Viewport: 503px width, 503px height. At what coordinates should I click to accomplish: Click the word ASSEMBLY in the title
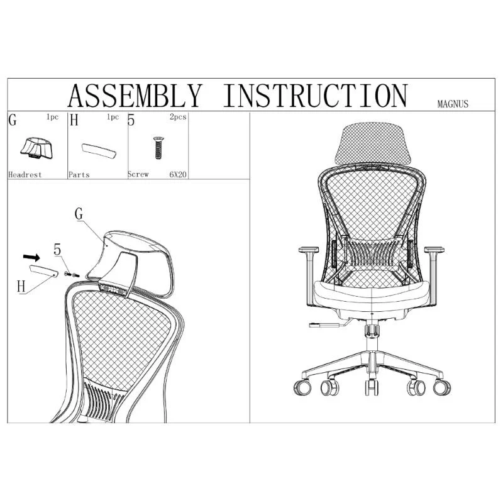[x=135, y=96]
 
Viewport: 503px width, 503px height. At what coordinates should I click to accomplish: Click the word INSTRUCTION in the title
[x=316, y=96]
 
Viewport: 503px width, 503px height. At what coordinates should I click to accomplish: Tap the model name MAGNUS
[x=453, y=104]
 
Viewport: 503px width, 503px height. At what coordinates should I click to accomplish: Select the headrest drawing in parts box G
[x=36, y=148]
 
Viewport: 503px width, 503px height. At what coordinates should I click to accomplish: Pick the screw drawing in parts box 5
[x=158, y=148]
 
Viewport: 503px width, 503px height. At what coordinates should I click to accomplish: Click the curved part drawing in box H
[x=99, y=151]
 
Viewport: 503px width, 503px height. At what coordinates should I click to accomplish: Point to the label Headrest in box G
[x=25, y=175]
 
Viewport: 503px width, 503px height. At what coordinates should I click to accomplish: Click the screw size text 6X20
[x=178, y=175]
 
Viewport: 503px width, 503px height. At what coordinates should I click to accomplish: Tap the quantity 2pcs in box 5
[x=178, y=117]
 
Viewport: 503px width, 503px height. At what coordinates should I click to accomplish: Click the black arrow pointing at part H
[x=31, y=257]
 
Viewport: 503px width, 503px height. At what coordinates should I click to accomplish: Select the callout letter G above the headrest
[x=79, y=214]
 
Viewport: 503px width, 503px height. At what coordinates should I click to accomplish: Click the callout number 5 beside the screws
[x=57, y=249]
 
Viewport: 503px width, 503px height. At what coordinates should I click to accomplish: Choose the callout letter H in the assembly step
[x=21, y=286]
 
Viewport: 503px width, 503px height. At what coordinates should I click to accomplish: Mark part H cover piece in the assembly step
[x=44, y=271]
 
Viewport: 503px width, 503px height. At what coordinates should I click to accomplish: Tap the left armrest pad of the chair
[x=308, y=249]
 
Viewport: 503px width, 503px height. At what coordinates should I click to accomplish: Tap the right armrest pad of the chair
[x=434, y=249]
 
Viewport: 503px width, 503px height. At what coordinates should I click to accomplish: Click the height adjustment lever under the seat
[x=327, y=324]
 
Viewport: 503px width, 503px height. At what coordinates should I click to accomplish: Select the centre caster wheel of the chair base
[x=372, y=387]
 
